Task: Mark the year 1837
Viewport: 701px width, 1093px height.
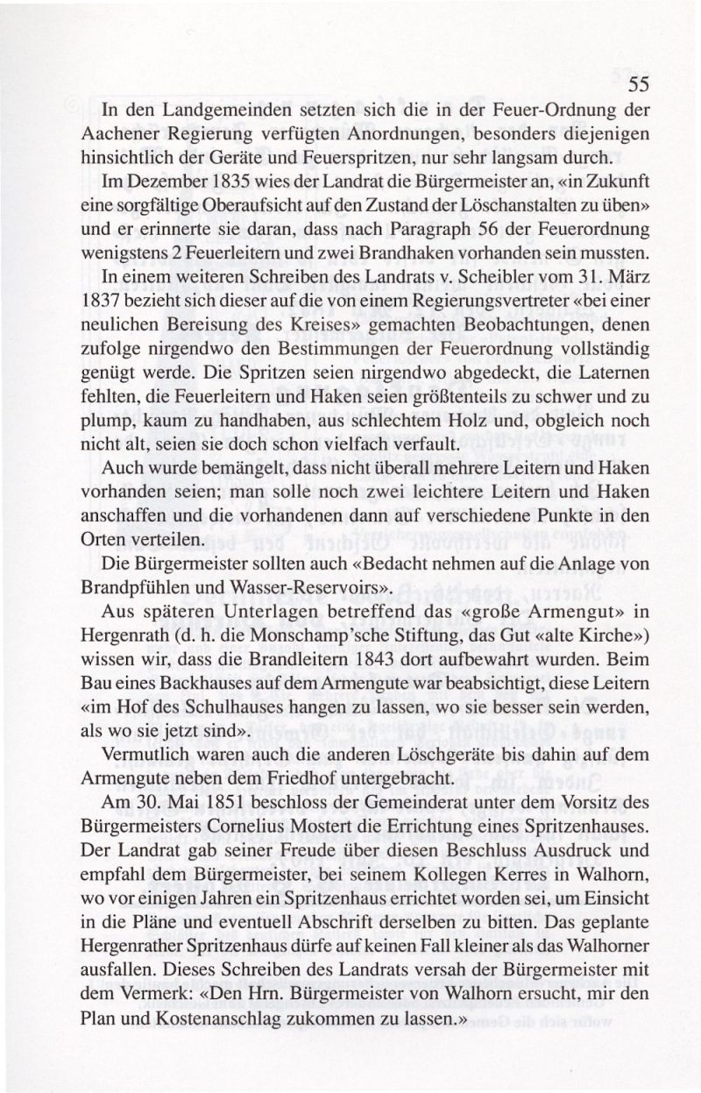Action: click(120, 304)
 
